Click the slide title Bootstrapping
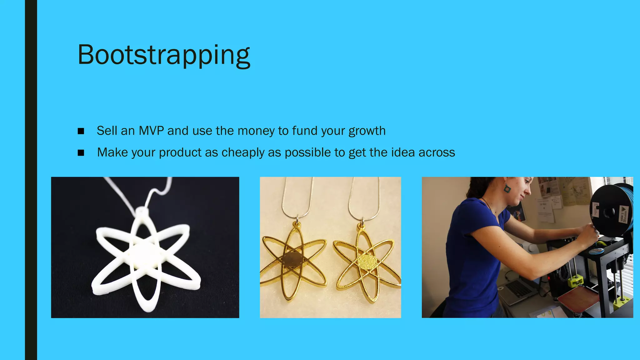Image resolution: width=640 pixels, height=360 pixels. click(x=164, y=55)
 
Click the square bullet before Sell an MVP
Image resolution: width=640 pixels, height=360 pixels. click(x=81, y=131)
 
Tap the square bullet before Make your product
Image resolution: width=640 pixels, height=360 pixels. click(x=81, y=153)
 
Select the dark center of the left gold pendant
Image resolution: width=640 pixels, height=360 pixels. click(x=293, y=259)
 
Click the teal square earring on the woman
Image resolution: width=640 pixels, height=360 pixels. click(x=507, y=188)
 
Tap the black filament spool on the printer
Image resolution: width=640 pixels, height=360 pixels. click(x=609, y=211)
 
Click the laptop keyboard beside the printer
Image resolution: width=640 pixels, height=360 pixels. click(x=519, y=289)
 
